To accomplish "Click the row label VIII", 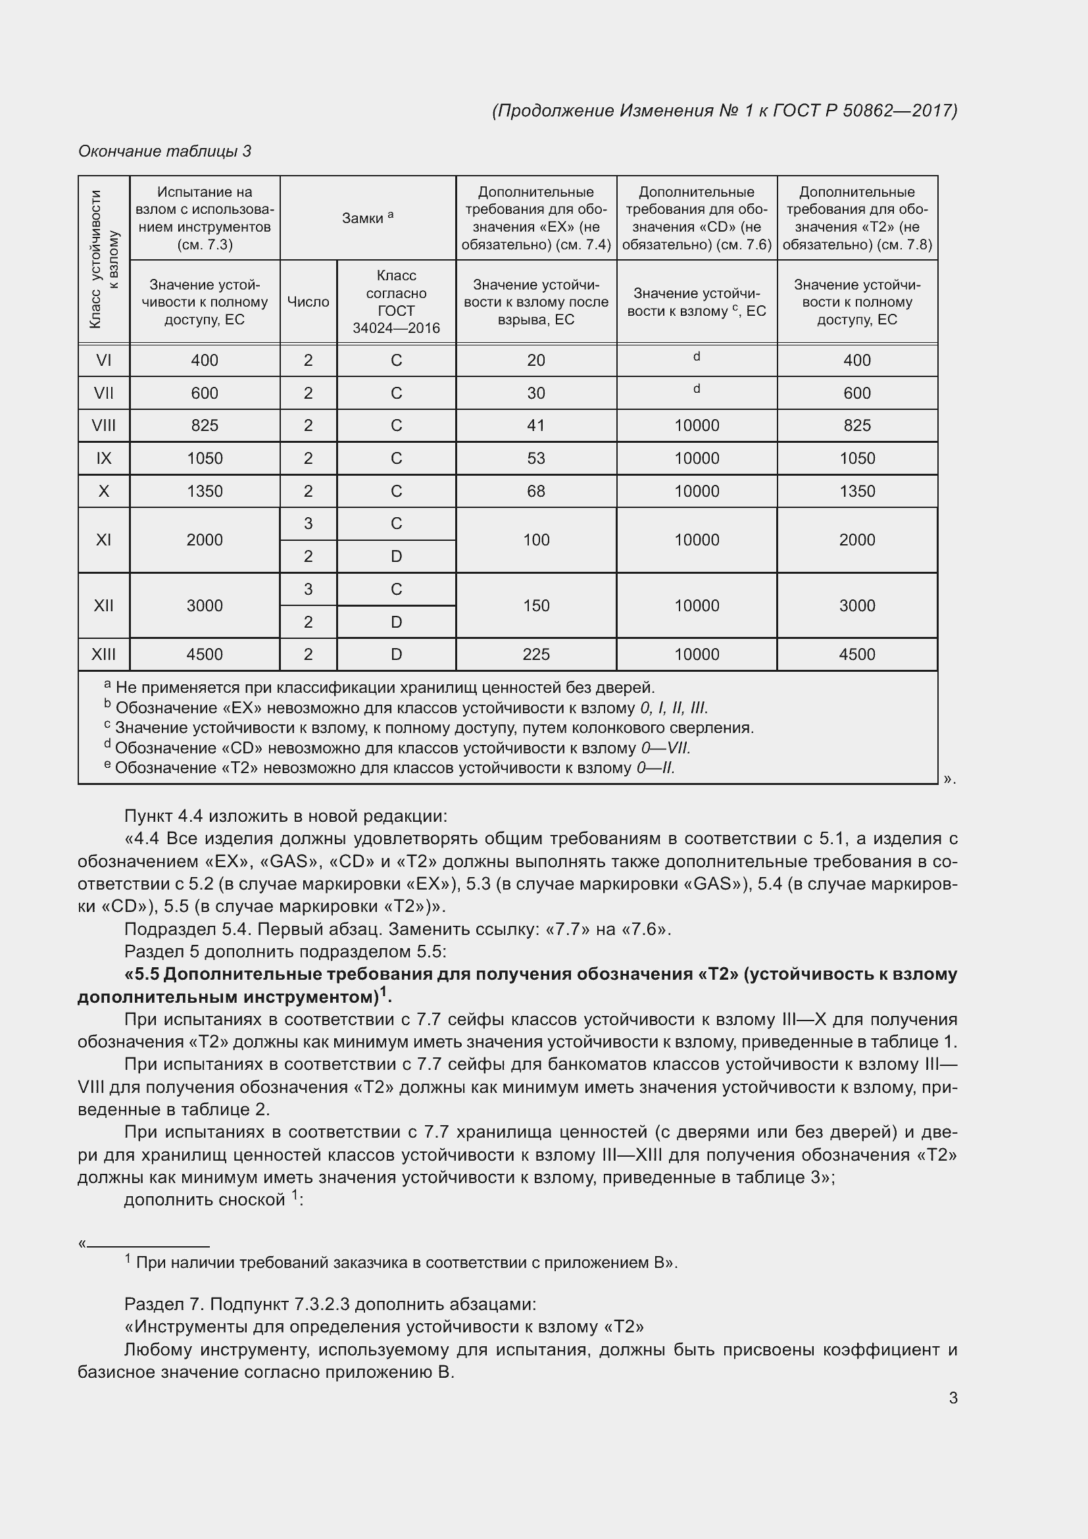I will [104, 426].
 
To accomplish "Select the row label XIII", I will [104, 654].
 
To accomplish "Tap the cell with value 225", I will [536, 654].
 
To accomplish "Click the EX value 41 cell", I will [536, 426].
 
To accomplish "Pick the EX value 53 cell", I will [536, 459].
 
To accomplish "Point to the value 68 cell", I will [536, 492].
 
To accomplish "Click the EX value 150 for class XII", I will [536, 605].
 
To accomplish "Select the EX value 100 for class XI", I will [536, 540].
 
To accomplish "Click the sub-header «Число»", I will [308, 301].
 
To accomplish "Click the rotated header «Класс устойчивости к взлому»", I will [104, 259].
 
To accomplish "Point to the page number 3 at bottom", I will [952, 1398].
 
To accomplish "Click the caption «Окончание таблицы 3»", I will [165, 151].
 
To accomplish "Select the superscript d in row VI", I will [697, 357].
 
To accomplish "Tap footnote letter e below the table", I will [107, 764].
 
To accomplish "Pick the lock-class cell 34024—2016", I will [396, 328].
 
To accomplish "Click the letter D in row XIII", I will [396, 654].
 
